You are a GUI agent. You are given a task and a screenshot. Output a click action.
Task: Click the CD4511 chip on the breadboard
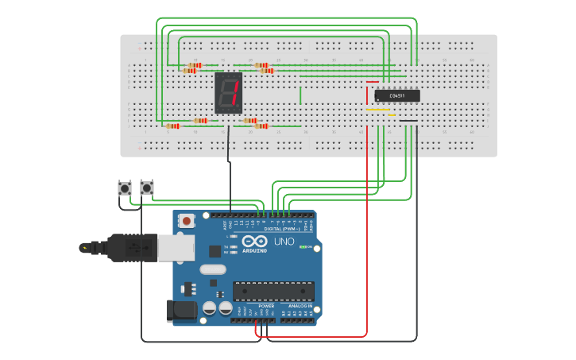[397, 95]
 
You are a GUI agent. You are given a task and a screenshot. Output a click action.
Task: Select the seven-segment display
[228, 93]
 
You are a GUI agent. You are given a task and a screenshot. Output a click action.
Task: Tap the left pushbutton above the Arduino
[125, 188]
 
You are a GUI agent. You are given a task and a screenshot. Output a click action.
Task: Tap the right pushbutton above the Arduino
[147, 188]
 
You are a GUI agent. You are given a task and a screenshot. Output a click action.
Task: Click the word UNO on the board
[284, 242]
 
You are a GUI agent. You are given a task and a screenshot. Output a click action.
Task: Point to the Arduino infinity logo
[256, 242]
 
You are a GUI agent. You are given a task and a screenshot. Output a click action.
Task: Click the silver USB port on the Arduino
[176, 248]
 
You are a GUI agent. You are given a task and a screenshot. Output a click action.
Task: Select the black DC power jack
[180, 311]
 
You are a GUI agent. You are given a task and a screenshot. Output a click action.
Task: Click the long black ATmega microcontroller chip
[273, 292]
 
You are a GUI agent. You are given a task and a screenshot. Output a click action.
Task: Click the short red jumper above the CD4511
[373, 82]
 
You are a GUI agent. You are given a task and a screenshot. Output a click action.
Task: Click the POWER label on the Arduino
[266, 305]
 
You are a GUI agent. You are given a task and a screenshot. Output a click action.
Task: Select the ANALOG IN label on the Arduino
[300, 305]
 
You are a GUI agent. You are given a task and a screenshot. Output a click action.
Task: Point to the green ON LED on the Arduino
[303, 246]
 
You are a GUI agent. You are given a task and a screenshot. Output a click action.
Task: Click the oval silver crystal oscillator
[213, 269]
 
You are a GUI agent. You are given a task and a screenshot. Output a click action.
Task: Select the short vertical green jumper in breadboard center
[300, 95]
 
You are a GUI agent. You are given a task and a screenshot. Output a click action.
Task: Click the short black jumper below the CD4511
[408, 121]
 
